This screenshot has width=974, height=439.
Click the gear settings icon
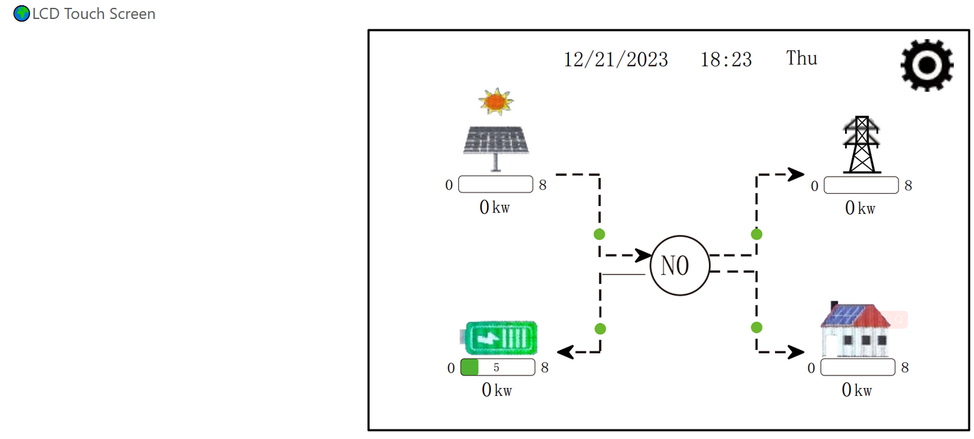click(927, 64)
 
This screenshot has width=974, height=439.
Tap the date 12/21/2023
click(616, 60)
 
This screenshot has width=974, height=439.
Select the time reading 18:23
click(726, 60)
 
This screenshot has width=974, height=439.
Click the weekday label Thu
click(802, 58)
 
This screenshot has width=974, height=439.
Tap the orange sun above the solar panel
click(495, 101)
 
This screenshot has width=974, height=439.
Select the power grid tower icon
click(861, 145)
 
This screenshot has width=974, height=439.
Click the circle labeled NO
click(679, 266)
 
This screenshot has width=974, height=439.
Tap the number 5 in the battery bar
click(496, 368)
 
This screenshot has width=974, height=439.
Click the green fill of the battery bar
click(470, 368)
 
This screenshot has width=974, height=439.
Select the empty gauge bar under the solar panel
click(496, 184)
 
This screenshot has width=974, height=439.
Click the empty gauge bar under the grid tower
click(861, 185)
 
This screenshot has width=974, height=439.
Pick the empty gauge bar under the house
click(857, 368)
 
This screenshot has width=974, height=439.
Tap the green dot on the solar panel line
click(599, 234)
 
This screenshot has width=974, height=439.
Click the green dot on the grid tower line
click(757, 234)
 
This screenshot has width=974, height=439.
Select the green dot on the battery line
click(600, 328)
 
